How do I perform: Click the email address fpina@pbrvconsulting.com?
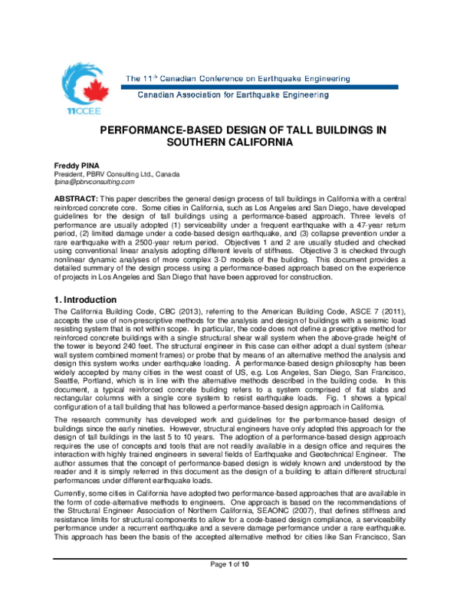[x=84, y=182]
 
